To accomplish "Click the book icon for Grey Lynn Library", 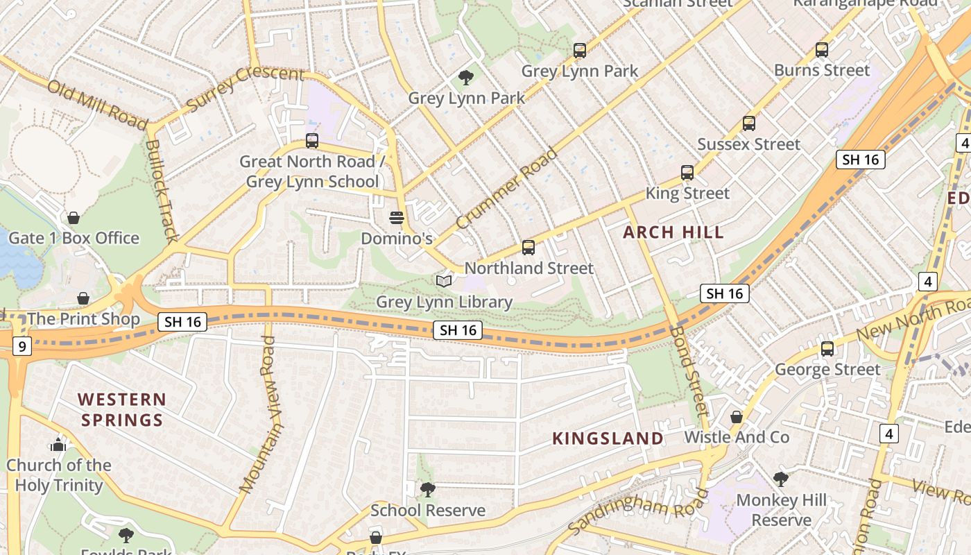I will click(x=444, y=281).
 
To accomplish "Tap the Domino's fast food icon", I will click(x=396, y=218).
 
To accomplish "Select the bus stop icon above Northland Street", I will click(x=529, y=247).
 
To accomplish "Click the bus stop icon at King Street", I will click(x=687, y=172).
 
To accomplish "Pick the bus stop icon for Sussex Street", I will click(x=748, y=123).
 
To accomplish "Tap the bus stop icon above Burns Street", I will click(x=822, y=49).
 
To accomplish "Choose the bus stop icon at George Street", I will click(x=827, y=348).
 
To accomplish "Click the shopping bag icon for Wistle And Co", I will click(x=737, y=416).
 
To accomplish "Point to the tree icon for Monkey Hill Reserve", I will click(x=781, y=479).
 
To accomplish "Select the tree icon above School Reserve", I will click(x=428, y=490).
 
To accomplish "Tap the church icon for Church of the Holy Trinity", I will click(x=58, y=444).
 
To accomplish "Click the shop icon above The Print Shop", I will click(x=83, y=298).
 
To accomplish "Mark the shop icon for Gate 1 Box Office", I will click(x=74, y=218).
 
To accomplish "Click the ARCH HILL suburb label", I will click(x=673, y=232).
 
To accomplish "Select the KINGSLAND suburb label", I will click(x=608, y=438).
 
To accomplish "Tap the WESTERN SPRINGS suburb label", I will click(x=122, y=409).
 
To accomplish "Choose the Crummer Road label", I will click(x=507, y=189).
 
